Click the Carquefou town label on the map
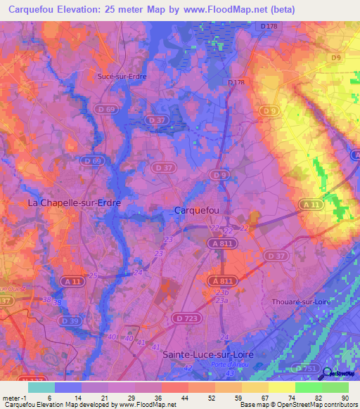pyautogui.click(x=198, y=210)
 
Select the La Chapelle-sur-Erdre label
pyautogui.click(x=74, y=202)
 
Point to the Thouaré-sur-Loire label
pyautogui.click(x=300, y=301)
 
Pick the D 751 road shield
pyautogui.click(x=307, y=368)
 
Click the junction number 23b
pyautogui.click(x=223, y=292)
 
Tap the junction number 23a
pyautogui.click(x=222, y=300)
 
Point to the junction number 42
pyautogui.click(x=187, y=367)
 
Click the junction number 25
pyautogui.click(x=94, y=275)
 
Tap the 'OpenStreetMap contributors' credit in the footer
pyautogui.click(x=321, y=405)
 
